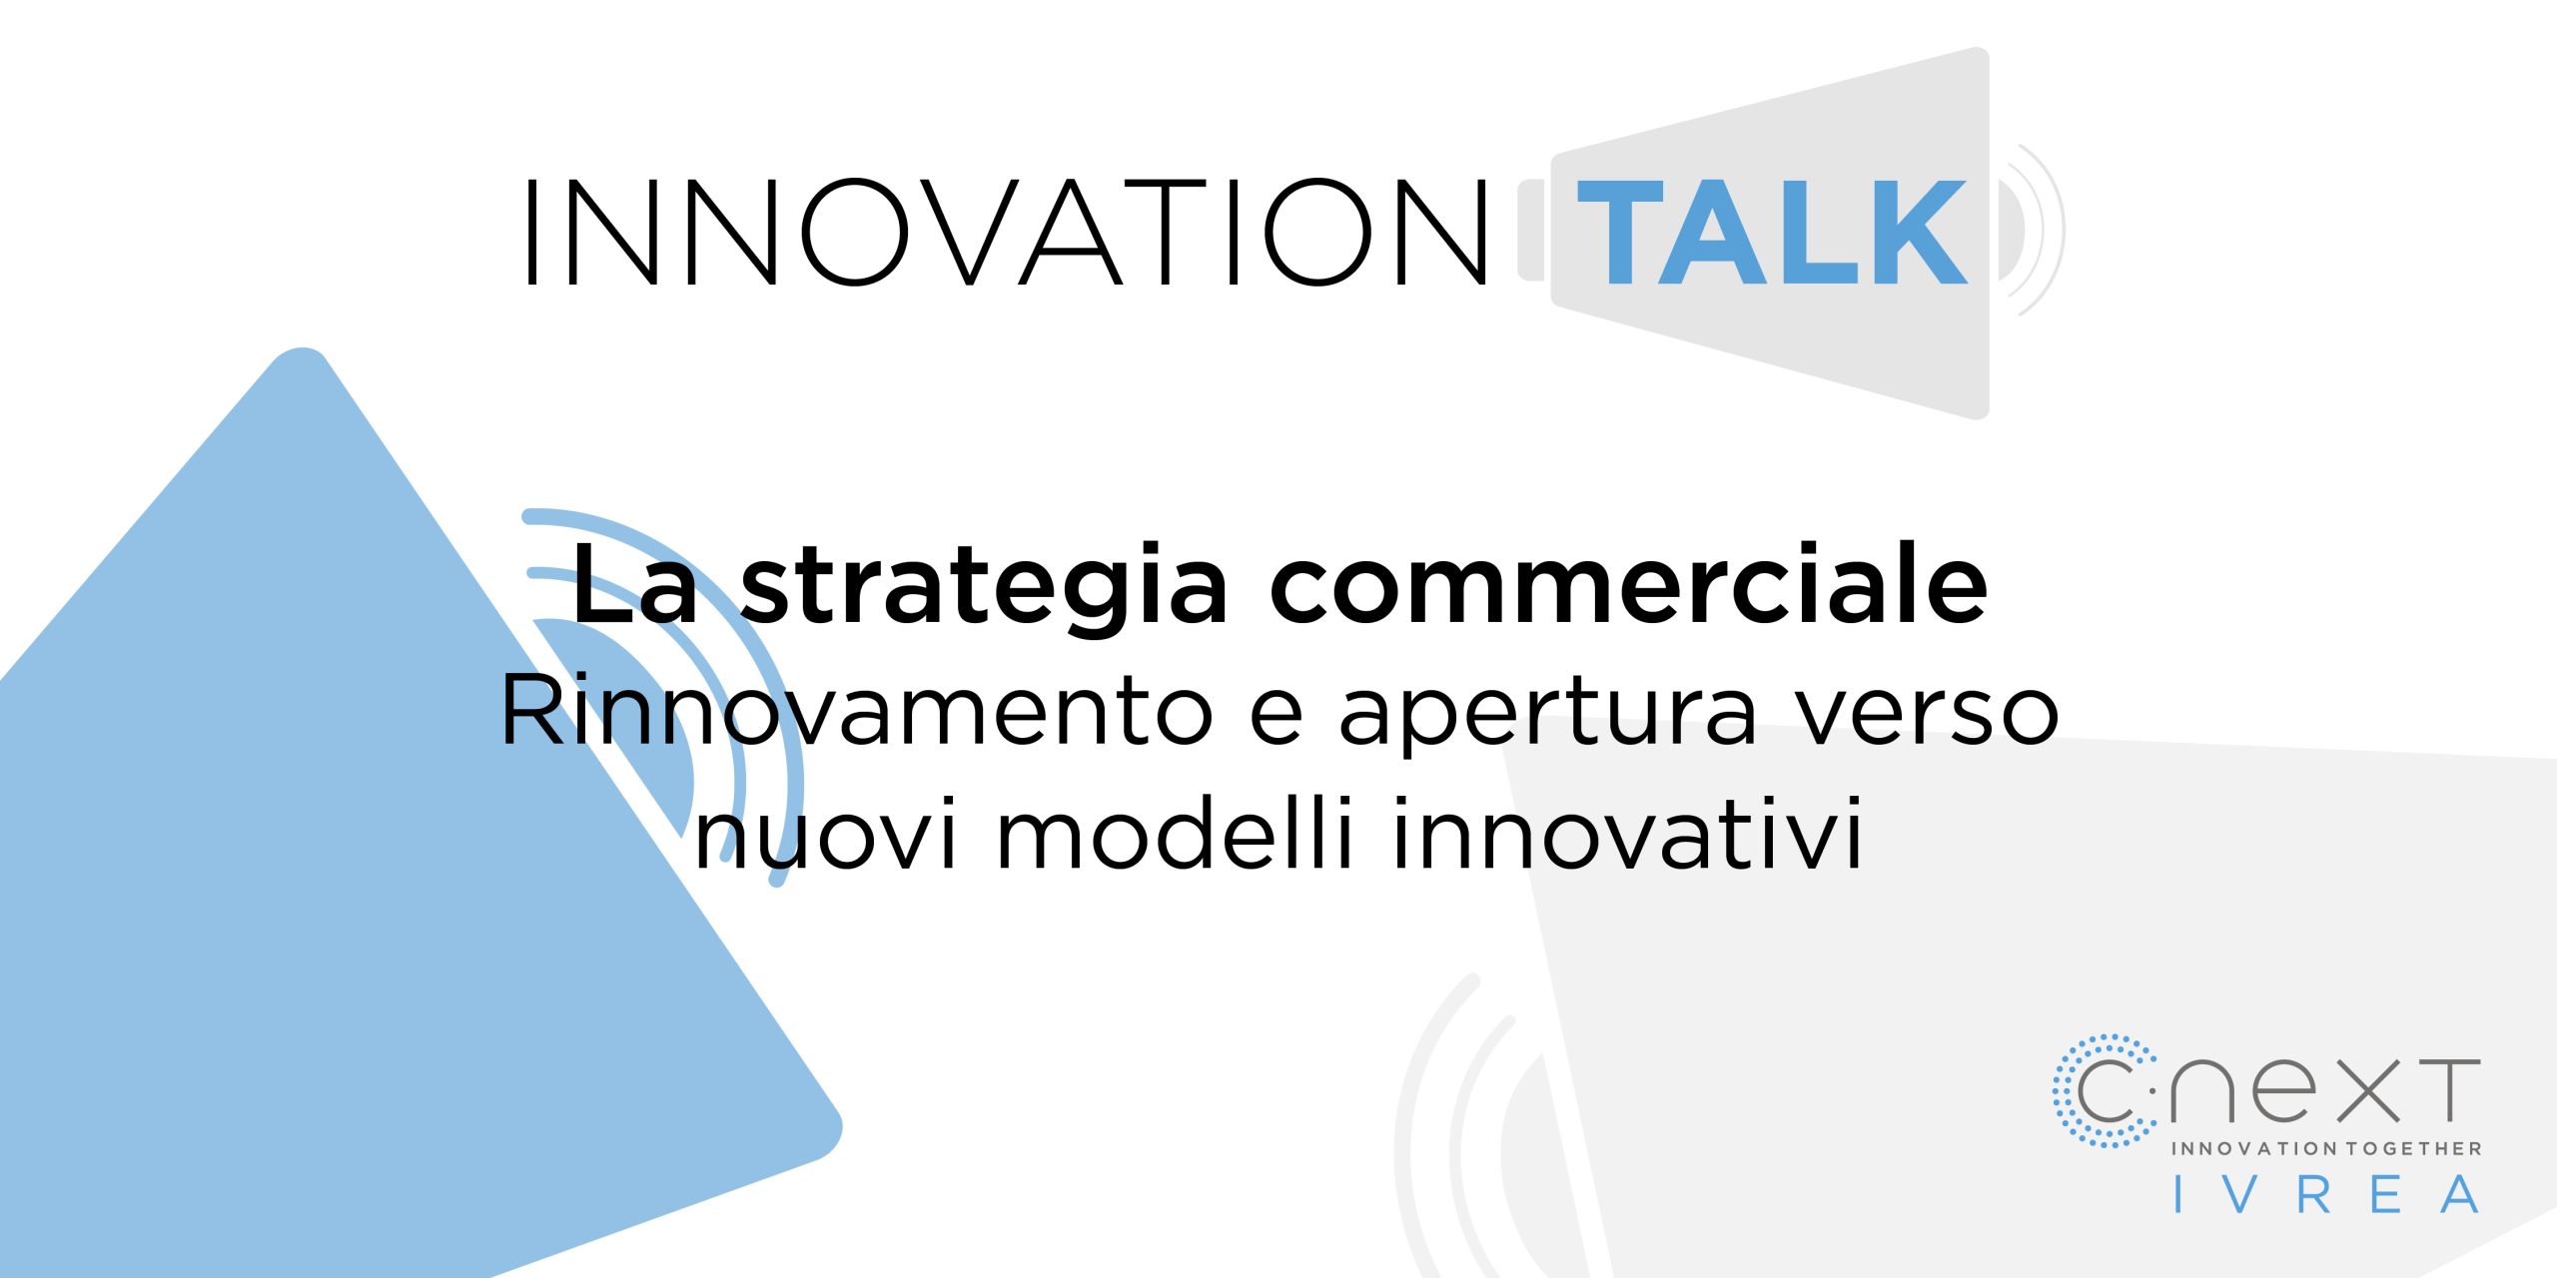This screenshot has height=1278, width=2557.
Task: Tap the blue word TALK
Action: (1772, 233)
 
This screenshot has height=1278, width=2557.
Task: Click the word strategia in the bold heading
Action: (983, 589)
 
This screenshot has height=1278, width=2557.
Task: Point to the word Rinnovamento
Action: (856, 711)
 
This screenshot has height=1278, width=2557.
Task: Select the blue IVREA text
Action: (2327, 1195)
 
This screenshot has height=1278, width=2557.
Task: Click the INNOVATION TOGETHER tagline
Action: (2326, 1149)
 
